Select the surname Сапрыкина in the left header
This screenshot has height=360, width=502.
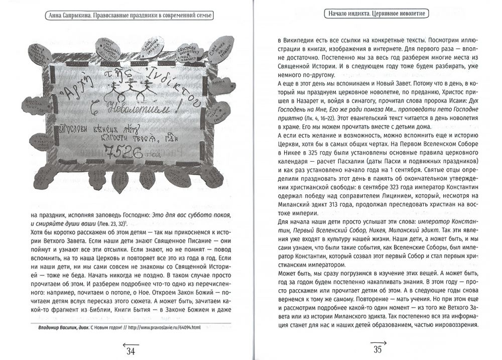[84, 16]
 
